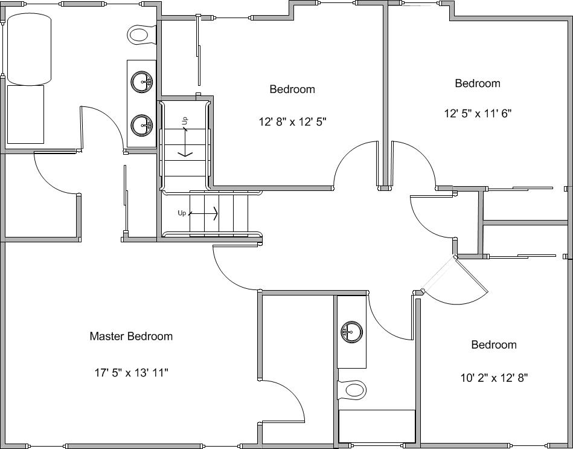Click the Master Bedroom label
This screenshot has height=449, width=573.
(x=131, y=337)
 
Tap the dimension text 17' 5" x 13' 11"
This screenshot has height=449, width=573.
(x=132, y=373)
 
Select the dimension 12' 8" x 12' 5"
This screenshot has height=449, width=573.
(x=292, y=121)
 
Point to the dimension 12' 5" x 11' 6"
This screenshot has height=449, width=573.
(x=478, y=114)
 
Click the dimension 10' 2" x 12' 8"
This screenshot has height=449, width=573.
(x=494, y=378)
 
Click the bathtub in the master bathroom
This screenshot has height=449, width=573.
(x=29, y=49)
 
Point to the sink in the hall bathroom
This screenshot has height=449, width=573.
(x=352, y=332)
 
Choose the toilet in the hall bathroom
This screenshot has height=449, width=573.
(x=351, y=390)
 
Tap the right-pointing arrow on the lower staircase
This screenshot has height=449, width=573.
(x=204, y=213)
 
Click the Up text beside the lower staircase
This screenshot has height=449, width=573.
(x=182, y=213)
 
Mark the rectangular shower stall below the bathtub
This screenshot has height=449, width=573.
(x=25, y=114)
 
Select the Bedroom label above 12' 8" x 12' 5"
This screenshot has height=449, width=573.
(x=292, y=89)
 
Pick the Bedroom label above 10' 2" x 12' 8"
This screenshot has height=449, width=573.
(x=494, y=345)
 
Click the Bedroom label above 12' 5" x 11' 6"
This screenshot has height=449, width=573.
(x=478, y=83)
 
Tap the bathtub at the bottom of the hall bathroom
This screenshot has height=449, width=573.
(x=377, y=426)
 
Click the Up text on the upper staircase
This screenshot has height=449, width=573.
(x=185, y=121)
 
